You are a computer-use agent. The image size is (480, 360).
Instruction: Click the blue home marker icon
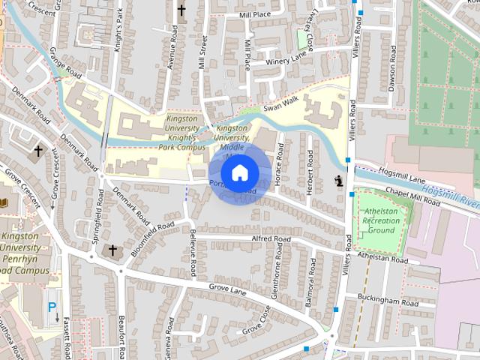click(240, 173)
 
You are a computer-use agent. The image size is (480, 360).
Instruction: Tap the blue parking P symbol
click(52, 307)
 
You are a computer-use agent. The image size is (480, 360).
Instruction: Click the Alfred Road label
click(271, 238)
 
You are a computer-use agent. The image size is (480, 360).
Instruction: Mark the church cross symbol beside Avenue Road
click(181, 10)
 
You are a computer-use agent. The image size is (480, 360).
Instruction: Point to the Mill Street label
click(202, 51)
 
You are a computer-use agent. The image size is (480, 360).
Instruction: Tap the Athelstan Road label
click(382, 258)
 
